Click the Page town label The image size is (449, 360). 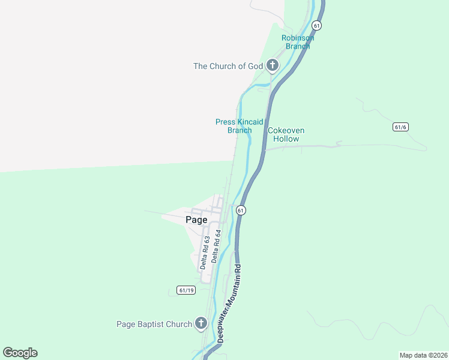click(x=196, y=220)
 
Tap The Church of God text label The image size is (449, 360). click(x=228, y=66)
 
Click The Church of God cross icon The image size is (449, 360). click(x=273, y=65)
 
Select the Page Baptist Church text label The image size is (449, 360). click(x=154, y=325)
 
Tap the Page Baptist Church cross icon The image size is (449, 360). click(x=201, y=324)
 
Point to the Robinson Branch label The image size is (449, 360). click(x=298, y=42)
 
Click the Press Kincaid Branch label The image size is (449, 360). click(x=240, y=126)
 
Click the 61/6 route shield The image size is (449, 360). click(x=400, y=127)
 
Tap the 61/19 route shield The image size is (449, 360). click(x=187, y=290)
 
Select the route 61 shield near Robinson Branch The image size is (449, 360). click(x=317, y=25)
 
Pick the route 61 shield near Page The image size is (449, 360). click(x=241, y=210)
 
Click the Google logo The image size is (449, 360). click(x=20, y=353)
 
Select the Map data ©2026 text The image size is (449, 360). click(x=423, y=355)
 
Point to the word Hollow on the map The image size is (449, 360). click(x=286, y=139)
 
